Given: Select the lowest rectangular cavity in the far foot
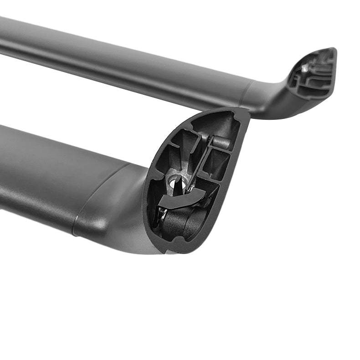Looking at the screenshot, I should coord(314,89).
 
